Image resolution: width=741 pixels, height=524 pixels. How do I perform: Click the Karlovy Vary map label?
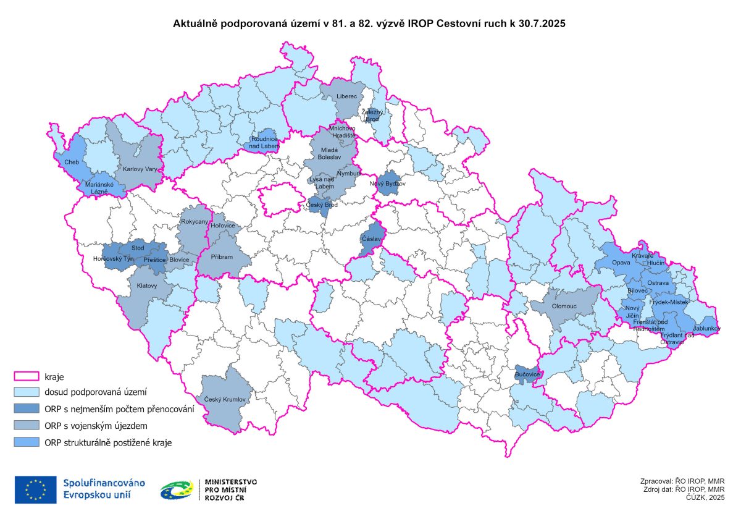[x=140, y=169]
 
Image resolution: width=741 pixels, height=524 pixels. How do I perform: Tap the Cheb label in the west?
[x=71, y=162]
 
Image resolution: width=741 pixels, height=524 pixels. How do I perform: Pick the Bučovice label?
[x=527, y=375]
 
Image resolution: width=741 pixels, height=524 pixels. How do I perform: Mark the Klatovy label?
[x=147, y=286]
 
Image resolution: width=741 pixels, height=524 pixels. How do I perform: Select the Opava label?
[x=621, y=263]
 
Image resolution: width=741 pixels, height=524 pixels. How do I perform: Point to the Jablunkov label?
[x=706, y=329]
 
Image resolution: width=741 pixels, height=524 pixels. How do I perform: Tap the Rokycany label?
[x=195, y=221]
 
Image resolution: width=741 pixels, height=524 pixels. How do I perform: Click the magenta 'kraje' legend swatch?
[x=27, y=376]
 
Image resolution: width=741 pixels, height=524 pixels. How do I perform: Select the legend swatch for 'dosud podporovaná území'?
[x=27, y=392]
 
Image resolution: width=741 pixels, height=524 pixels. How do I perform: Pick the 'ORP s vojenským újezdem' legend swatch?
[x=27, y=426]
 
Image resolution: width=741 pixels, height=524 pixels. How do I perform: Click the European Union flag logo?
[x=36, y=489]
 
